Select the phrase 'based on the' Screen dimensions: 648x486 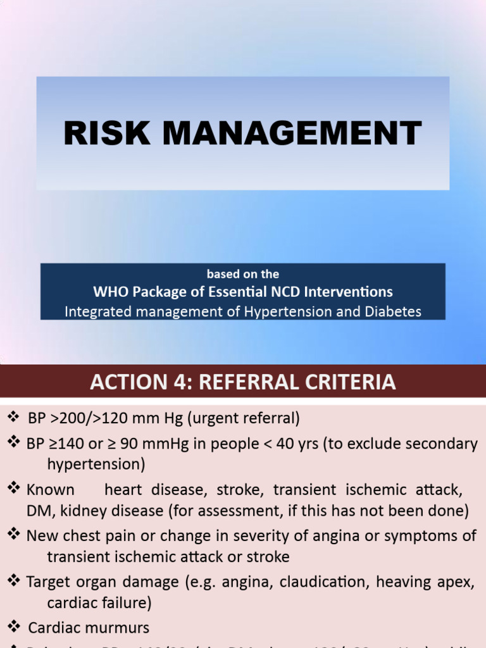click(243, 274)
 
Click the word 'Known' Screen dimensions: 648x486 click(51, 489)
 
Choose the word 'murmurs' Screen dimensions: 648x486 click(118, 628)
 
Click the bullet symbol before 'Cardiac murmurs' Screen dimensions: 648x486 click(14, 627)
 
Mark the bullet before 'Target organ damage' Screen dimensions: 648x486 click(14, 581)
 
